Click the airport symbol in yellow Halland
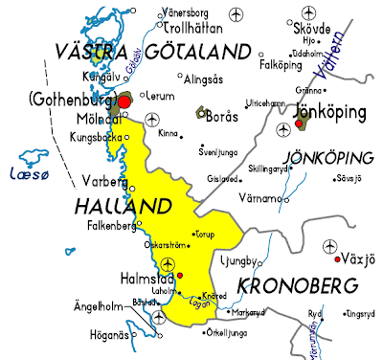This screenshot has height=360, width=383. (x=170, y=263)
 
